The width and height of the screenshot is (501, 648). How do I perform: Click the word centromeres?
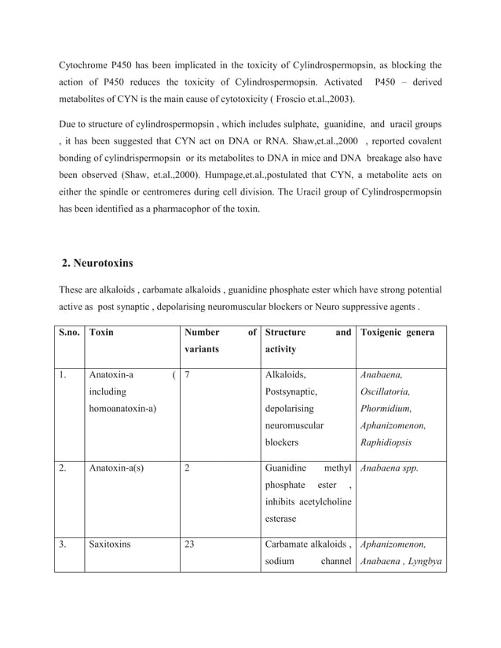point(182,193)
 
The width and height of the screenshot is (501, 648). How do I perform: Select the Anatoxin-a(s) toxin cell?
point(116,468)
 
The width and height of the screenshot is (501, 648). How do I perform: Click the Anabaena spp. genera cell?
point(389,468)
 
